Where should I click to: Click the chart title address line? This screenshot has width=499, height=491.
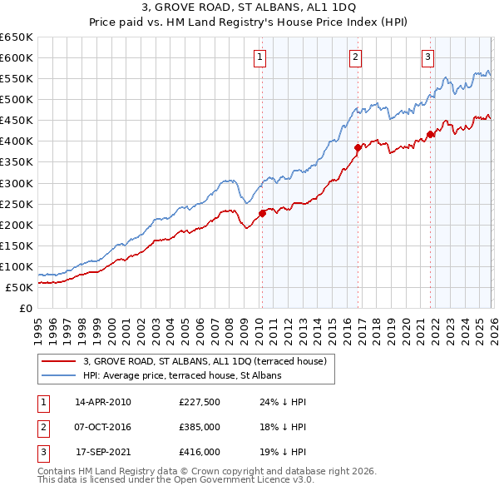(x=249, y=7)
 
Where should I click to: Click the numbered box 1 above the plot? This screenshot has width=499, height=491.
(x=260, y=57)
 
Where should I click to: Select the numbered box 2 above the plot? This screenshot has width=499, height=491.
(x=355, y=57)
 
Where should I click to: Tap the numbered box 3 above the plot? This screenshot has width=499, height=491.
(x=427, y=57)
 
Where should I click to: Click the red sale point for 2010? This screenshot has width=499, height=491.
(x=262, y=212)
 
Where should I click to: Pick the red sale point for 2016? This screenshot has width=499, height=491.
(x=358, y=147)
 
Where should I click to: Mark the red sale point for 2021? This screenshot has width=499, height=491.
(x=430, y=134)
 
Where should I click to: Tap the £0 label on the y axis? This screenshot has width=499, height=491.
(x=25, y=308)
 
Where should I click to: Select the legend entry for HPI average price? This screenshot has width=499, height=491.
(x=182, y=375)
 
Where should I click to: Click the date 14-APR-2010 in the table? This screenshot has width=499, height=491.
(x=103, y=402)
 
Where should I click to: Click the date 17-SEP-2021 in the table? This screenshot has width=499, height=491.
(x=103, y=452)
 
